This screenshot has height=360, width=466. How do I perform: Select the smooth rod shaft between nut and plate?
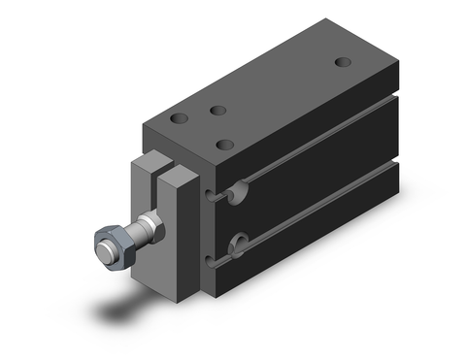tap(147, 229)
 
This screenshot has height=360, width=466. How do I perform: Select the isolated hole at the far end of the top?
tap(343, 62)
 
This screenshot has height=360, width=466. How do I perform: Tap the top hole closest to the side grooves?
tap(225, 146)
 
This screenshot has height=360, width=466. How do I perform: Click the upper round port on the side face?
tap(239, 194)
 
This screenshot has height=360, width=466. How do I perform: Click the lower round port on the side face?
tap(238, 244)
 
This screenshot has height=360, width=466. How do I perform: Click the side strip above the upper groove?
tap(320, 121)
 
